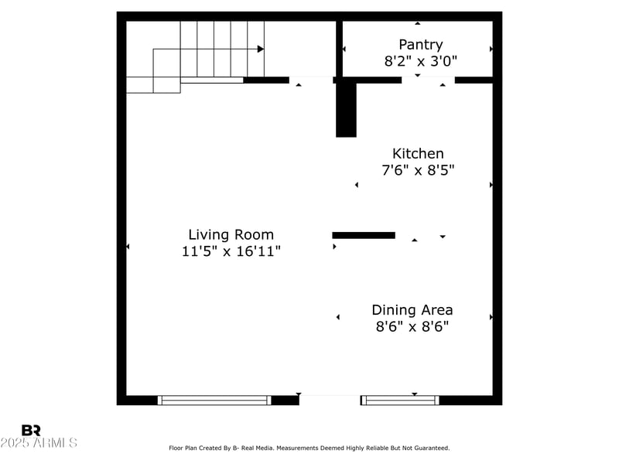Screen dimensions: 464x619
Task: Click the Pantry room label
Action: tap(420, 45)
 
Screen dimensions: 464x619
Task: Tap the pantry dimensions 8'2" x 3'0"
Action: tap(420, 61)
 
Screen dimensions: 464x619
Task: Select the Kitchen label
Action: tap(418, 154)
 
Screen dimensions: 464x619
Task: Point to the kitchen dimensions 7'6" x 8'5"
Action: tap(418, 170)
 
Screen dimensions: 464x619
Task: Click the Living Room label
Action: tap(231, 234)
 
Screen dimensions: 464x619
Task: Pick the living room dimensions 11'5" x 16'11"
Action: tap(231, 251)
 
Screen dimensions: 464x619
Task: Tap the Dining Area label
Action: tap(412, 310)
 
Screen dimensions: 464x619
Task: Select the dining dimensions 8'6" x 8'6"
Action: tap(412, 326)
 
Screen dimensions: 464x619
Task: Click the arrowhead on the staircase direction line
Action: tap(261, 49)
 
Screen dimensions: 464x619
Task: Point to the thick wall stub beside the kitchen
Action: tap(346, 109)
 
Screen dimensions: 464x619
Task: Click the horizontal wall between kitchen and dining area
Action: tap(364, 235)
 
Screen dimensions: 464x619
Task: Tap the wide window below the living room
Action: tap(214, 400)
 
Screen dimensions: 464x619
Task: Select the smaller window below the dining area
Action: tap(400, 400)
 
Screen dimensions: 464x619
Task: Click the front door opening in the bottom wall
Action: tap(330, 399)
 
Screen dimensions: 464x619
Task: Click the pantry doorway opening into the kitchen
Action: tap(428, 80)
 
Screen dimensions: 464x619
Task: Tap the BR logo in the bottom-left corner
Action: tap(31, 430)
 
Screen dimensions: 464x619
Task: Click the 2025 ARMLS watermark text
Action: tap(39, 443)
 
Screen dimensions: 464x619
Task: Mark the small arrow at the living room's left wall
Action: tap(128, 247)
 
